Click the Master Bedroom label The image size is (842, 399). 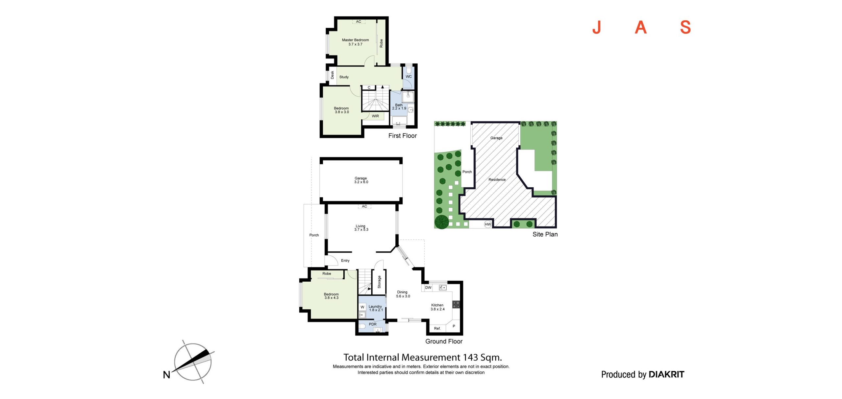pyautogui.click(x=355, y=40)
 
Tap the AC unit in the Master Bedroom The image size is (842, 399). pyautogui.click(x=359, y=22)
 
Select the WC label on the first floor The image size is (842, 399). pyautogui.click(x=409, y=77)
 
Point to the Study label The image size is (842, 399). pyautogui.click(x=344, y=77)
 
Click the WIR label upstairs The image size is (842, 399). pyautogui.click(x=375, y=116)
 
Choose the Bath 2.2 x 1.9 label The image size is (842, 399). pyautogui.click(x=399, y=107)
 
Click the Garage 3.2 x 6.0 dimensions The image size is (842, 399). pyautogui.click(x=361, y=182)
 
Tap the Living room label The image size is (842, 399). pyautogui.click(x=361, y=226)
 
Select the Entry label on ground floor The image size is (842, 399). pyautogui.click(x=345, y=261)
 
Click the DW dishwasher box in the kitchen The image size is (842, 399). pyautogui.click(x=428, y=288)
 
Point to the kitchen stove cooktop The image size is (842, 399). pyautogui.click(x=456, y=304)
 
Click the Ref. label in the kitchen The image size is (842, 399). pyautogui.click(x=437, y=328)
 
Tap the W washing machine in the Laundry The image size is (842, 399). pyautogui.click(x=362, y=307)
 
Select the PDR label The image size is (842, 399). pyautogui.click(x=373, y=324)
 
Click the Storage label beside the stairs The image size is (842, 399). pyautogui.click(x=379, y=282)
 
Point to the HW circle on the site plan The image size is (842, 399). pyautogui.click(x=488, y=224)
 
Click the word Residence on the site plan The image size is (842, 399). pyautogui.click(x=497, y=179)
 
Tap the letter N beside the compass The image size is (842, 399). pyautogui.click(x=167, y=375)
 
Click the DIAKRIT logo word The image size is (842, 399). pyautogui.click(x=666, y=374)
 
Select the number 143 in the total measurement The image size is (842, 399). pyautogui.click(x=470, y=357)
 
